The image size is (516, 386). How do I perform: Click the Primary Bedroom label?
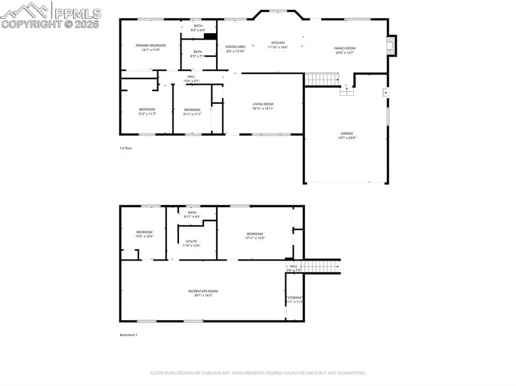pos(150,45)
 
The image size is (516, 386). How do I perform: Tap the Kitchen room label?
pos(278,42)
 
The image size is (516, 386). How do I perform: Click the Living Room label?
pos(264,104)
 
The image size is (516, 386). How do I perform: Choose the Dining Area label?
pos(235,46)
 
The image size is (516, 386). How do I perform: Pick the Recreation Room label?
pos(203,291)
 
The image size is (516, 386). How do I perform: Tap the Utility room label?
pos(191,241)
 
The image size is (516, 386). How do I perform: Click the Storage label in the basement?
pos(295,298)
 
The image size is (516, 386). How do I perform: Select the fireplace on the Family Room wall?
pos(391,46)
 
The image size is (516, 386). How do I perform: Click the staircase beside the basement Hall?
pos(321,266)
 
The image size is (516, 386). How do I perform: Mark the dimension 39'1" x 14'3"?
pos(203,296)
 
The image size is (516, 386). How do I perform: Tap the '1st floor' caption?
pos(126,148)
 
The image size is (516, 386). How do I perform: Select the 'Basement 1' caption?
pos(128,335)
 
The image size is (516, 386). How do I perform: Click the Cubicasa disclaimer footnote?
pos(257,373)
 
